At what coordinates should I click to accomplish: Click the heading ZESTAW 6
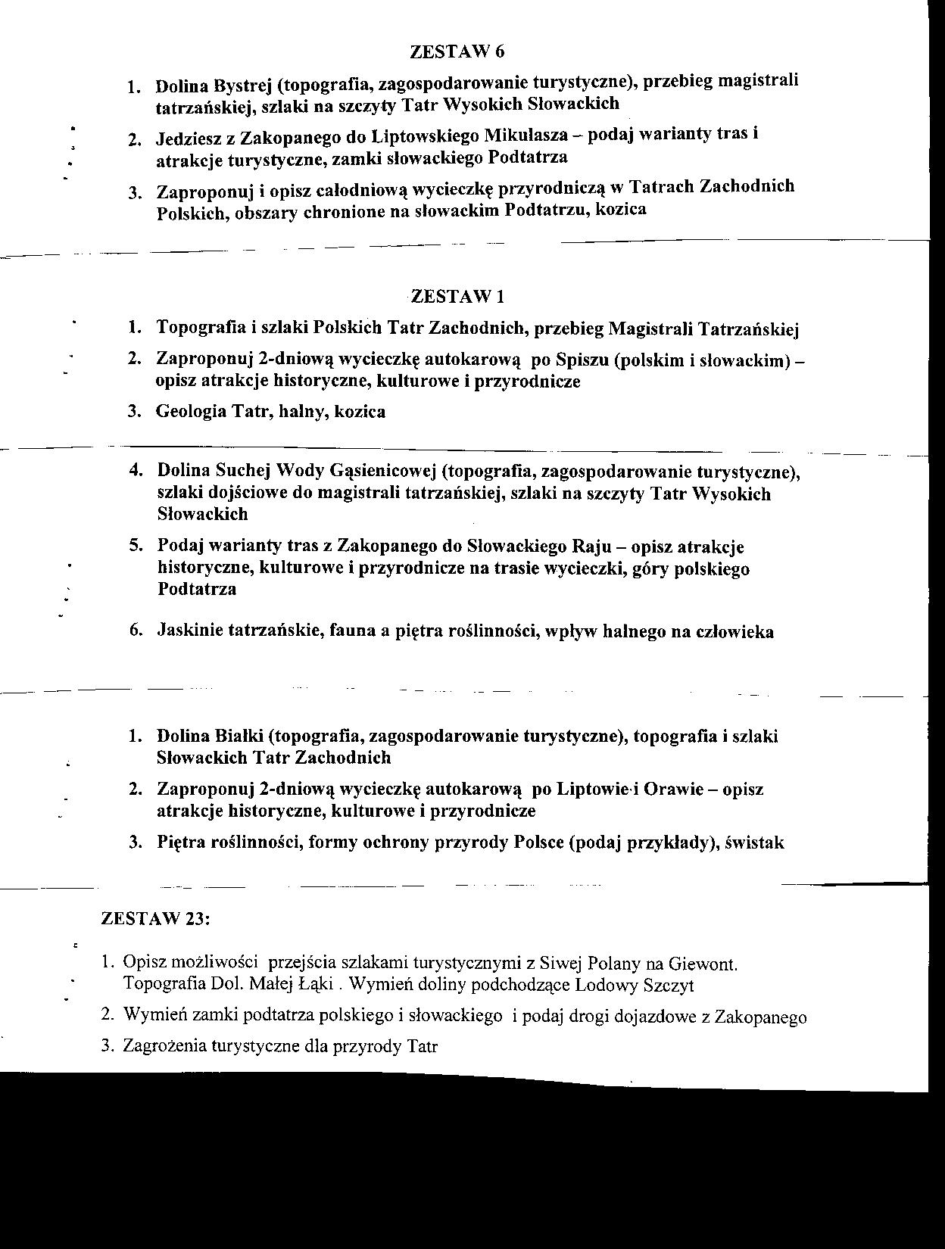457,51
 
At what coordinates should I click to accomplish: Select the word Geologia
191,412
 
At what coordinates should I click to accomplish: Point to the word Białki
240,736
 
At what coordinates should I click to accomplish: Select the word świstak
754,843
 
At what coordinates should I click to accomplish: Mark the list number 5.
136,546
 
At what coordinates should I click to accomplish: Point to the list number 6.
136,631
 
